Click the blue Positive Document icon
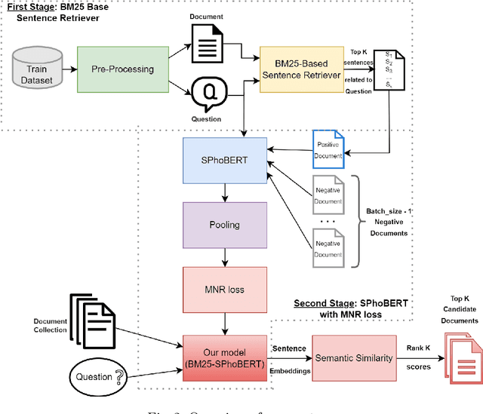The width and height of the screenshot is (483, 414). point(328,149)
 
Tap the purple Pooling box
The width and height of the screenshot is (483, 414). point(225,225)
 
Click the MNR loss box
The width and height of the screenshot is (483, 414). point(225,288)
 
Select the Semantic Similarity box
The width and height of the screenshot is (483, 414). point(354,357)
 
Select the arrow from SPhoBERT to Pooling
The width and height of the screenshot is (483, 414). point(225,195)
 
